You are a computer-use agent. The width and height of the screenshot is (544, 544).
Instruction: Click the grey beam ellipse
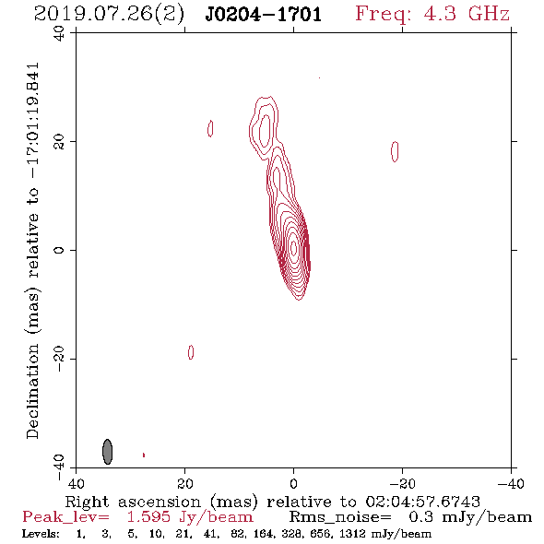click(x=108, y=452)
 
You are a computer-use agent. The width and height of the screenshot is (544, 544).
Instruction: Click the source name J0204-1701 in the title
click(x=264, y=15)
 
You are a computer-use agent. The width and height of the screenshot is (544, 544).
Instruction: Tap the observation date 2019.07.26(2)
click(x=109, y=15)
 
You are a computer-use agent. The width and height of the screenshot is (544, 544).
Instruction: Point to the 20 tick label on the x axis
click(x=185, y=483)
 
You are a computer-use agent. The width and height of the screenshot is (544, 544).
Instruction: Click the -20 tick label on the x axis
click(x=402, y=483)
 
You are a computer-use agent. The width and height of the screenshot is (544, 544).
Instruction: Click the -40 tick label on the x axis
click(x=511, y=483)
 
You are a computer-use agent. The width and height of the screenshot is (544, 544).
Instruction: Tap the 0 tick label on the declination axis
click(x=59, y=250)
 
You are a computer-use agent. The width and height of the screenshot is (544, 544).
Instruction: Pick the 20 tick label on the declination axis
click(x=59, y=142)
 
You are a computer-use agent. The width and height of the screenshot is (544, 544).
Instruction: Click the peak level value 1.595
click(x=148, y=517)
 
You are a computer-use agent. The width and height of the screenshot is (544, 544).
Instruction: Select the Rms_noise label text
click(x=340, y=517)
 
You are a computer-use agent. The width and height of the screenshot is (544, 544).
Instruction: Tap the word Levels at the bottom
click(x=41, y=534)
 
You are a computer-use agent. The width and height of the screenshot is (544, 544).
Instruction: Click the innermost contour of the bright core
click(x=294, y=248)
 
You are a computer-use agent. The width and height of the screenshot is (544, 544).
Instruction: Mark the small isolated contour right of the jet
click(x=395, y=151)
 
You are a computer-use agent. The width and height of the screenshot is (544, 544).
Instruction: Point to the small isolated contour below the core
click(x=191, y=352)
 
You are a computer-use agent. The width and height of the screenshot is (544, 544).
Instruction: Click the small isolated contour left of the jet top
click(x=210, y=128)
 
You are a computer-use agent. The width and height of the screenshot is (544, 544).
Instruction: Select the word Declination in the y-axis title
click(x=32, y=391)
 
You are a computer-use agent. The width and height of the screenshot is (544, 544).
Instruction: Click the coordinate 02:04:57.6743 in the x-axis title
click(x=422, y=502)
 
